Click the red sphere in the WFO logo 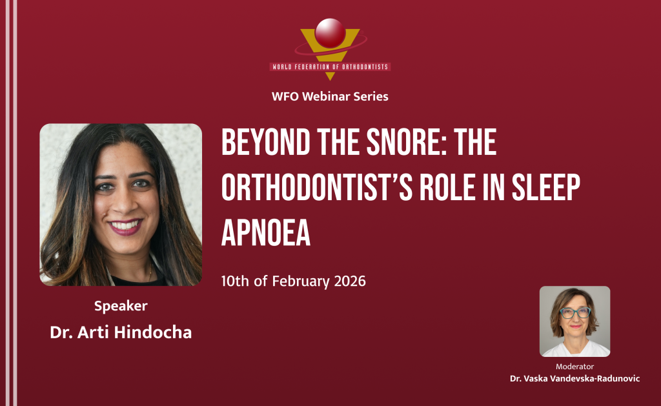click(330, 33)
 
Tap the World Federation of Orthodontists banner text click(330, 66)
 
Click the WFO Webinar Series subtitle click(330, 97)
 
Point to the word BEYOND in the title click(266, 143)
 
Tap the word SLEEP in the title click(546, 187)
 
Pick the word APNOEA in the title click(266, 232)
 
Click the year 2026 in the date click(350, 281)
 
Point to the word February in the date click(301, 281)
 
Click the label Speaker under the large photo click(121, 306)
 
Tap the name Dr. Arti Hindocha click(121, 332)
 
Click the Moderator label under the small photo click(575, 367)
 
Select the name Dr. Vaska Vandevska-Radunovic click(575, 379)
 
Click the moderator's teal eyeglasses click(575, 312)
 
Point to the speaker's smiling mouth click(125, 227)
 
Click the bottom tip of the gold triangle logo click(330, 80)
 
